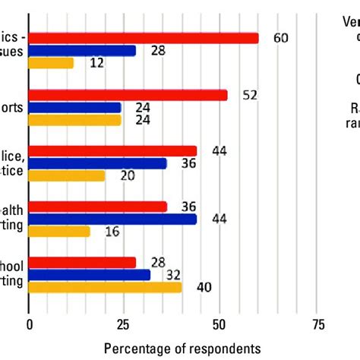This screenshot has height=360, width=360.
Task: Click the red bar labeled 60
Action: [x=144, y=38]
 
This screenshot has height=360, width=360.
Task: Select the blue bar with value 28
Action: [x=82, y=50]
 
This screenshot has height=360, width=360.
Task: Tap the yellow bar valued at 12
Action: [x=52, y=63]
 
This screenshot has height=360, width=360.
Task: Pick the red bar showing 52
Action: [x=128, y=95]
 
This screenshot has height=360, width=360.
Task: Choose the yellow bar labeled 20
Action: [x=67, y=175]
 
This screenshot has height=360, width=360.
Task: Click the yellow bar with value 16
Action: [x=59, y=231]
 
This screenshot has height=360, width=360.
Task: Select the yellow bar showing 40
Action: [x=106, y=287]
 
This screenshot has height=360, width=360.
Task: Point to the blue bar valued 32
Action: [x=90, y=274]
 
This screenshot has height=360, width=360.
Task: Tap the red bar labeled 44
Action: [x=112, y=150]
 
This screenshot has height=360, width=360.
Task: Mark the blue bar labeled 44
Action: [x=112, y=219]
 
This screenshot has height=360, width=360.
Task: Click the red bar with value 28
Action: [x=82, y=262]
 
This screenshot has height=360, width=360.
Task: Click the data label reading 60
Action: [x=280, y=38]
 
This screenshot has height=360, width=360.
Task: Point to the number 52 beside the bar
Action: [x=249, y=95]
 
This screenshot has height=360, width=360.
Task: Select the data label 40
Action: [x=203, y=287]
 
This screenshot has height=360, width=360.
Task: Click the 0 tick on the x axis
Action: [x=30, y=324]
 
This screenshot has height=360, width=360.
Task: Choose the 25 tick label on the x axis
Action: [x=125, y=324]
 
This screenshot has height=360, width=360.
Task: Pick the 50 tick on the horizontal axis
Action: [x=220, y=324]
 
